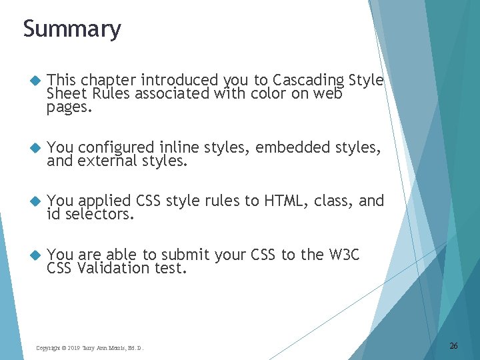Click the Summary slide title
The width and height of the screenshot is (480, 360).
72,29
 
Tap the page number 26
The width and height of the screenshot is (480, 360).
453,345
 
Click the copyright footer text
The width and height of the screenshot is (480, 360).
89,347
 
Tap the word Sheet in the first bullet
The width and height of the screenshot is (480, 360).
65,94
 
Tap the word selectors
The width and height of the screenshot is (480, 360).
99,214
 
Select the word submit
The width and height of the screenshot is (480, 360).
183,255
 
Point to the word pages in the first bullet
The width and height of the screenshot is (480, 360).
69,107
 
